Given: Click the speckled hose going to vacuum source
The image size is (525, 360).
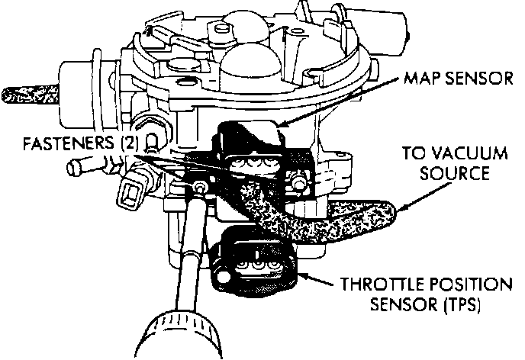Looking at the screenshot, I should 336,221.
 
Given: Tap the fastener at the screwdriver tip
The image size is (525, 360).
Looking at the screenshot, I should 200,187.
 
